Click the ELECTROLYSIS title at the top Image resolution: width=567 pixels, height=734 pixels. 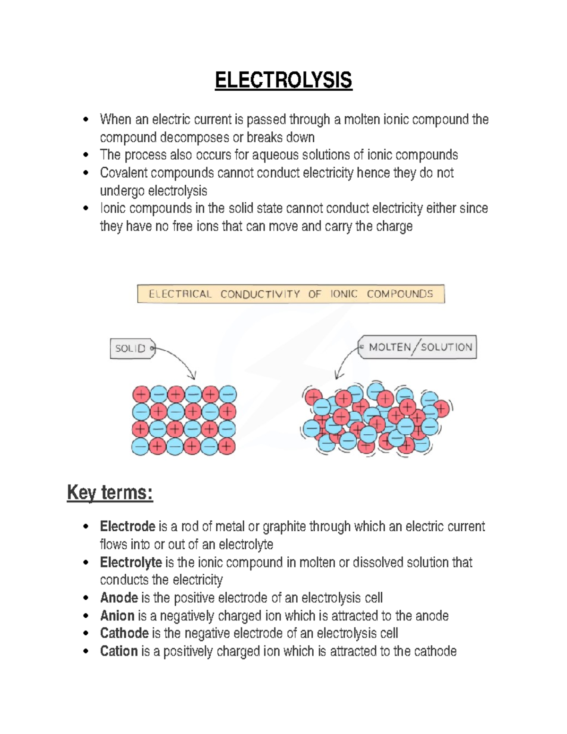[283, 80]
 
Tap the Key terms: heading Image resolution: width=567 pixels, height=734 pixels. [110, 492]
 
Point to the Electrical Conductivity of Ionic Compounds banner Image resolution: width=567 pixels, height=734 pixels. [291, 294]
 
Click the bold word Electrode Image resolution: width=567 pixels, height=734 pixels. [128, 527]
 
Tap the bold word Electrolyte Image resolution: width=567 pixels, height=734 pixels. [131, 562]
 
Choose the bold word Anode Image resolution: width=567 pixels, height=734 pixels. [119, 598]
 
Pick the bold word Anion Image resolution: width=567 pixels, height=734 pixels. [118, 616]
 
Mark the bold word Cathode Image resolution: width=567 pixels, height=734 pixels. [124, 633]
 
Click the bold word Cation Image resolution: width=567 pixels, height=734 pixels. [119, 651]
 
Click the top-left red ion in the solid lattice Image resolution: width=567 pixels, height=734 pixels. [141, 394]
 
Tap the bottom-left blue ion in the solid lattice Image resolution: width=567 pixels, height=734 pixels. [140, 446]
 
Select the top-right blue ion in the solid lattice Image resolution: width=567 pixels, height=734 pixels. [228, 394]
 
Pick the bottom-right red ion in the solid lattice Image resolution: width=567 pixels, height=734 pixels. [227, 446]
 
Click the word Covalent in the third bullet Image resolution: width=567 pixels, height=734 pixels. [124, 173]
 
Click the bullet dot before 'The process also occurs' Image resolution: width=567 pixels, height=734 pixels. [86, 155]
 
